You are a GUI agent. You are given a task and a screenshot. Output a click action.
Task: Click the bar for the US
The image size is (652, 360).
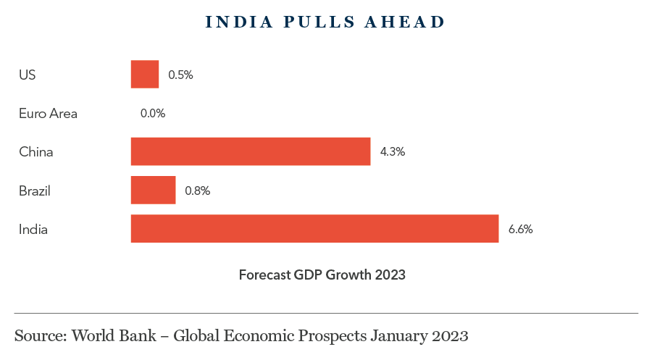pyautogui.click(x=144, y=74)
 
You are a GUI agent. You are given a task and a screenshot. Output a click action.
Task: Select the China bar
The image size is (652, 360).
pyautogui.click(x=250, y=151)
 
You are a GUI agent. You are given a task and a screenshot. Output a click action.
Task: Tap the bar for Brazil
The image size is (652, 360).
pyautogui.click(x=153, y=191)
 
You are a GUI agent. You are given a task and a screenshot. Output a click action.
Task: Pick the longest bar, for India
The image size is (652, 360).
pyautogui.click(x=314, y=229)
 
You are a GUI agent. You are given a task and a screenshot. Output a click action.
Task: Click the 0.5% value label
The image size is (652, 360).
pyautogui.click(x=180, y=75)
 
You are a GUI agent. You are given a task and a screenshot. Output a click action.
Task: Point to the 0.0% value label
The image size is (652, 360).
pyautogui.click(x=153, y=113)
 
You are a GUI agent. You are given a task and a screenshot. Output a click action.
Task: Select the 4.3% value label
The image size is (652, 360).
pyautogui.click(x=392, y=152)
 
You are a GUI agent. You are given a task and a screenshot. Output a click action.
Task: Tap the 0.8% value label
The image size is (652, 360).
pyautogui.click(x=197, y=191)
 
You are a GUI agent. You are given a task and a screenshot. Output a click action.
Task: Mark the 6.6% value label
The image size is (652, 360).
pyautogui.click(x=520, y=230)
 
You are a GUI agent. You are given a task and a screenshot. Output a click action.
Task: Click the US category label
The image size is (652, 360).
pyautogui.click(x=27, y=75)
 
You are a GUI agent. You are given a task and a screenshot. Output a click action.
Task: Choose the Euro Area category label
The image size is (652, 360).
pyautogui.click(x=48, y=113)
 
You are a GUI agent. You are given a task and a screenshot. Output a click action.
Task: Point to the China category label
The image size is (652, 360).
pyautogui.click(x=36, y=152)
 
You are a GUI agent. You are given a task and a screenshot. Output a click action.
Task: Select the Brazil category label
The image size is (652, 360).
pyautogui.click(x=35, y=191)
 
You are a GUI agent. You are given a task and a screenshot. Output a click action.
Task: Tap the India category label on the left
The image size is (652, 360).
pyautogui.click(x=33, y=230)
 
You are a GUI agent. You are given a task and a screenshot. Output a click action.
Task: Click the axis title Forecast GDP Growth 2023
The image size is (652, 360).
pyautogui.click(x=322, y=275)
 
